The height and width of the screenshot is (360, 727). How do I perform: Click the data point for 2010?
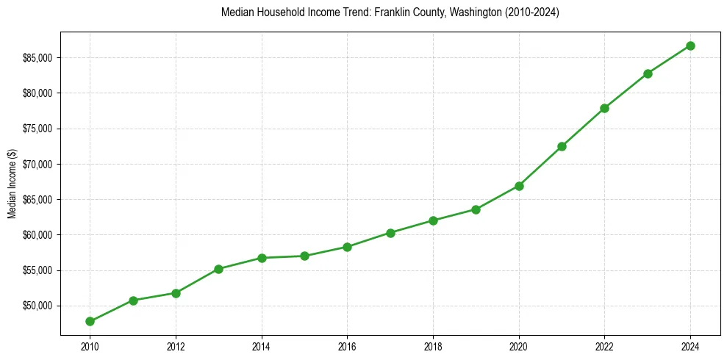[90, 321]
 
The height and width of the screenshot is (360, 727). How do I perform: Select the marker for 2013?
[218, 269]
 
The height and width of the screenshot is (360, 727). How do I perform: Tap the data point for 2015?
[304, 256]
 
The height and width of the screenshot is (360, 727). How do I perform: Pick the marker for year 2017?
[390, 233]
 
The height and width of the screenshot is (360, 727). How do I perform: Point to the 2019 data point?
[476, 209]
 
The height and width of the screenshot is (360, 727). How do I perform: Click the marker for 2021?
[562, 146]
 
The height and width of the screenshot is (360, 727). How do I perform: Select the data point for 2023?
[648, 73]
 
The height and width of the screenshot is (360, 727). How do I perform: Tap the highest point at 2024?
[690, 46]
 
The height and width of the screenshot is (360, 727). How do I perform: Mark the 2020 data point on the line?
[519, 186]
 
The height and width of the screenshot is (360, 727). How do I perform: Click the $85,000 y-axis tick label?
[38, 58]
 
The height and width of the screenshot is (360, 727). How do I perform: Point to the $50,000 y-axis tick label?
[38, 306]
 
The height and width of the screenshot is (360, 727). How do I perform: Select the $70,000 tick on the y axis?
[38, 164]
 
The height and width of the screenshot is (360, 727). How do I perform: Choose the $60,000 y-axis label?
[38, 235]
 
